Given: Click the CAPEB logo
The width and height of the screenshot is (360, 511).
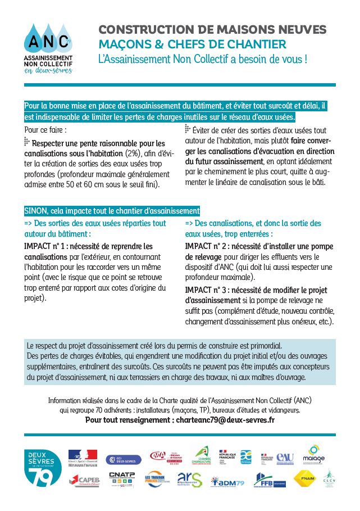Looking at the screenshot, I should pos(84,480).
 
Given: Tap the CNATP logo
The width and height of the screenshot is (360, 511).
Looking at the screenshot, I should pos(121,478).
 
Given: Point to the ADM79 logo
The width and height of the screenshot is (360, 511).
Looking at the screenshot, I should pos(228,481).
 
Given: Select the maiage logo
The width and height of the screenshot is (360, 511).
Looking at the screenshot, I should pos(313,454).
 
